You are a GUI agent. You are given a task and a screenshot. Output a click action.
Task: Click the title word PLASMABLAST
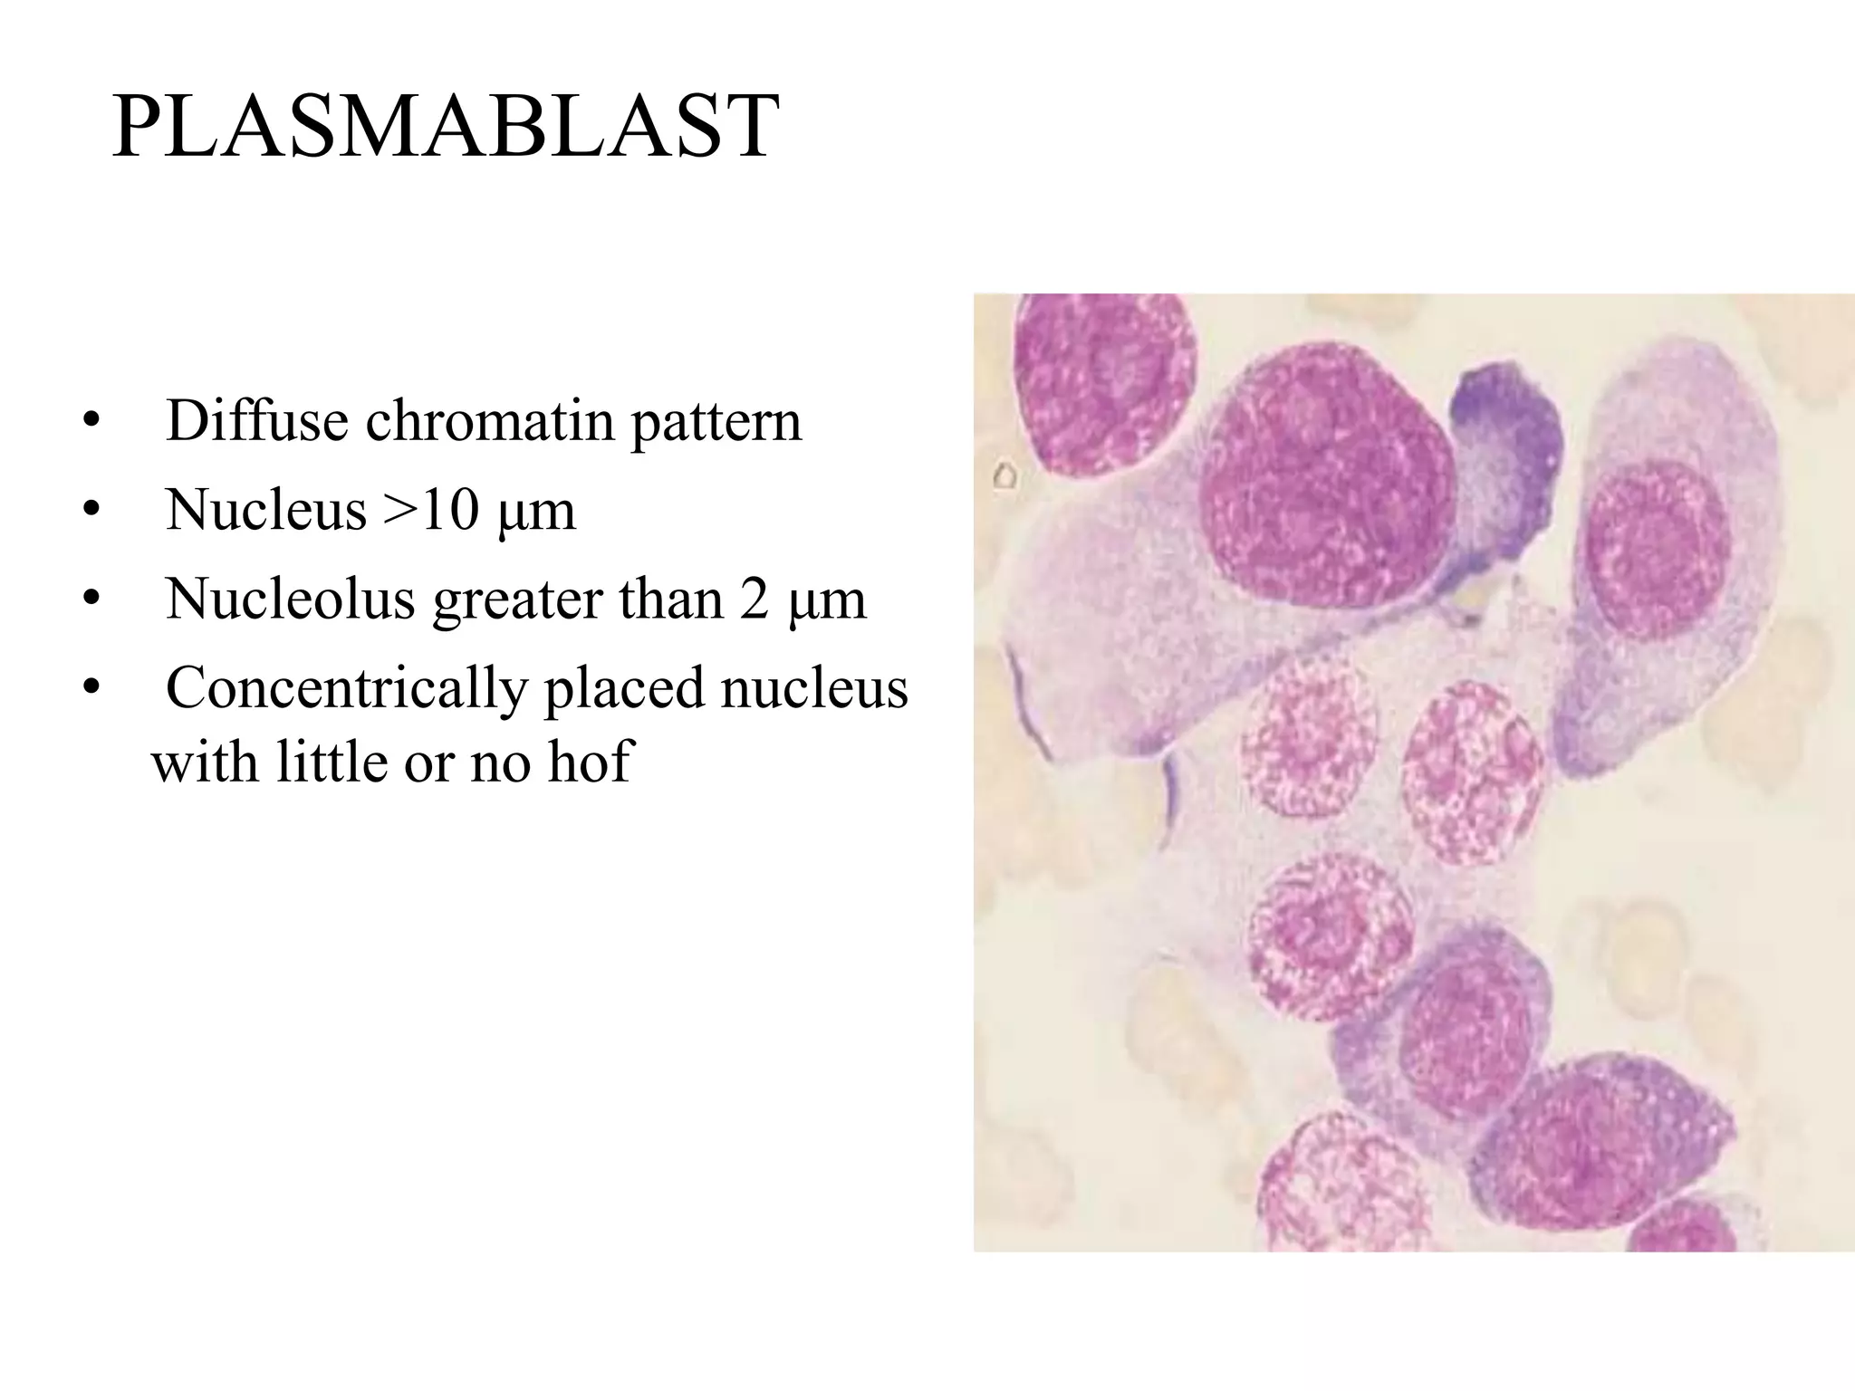click(x=446, y=126)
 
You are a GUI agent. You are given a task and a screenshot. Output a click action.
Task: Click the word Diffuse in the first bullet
click(x=256, y=421)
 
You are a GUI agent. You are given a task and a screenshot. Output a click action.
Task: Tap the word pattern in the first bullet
click(x=716, y=423)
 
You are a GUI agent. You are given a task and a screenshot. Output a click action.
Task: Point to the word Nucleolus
click(x=290, y=600)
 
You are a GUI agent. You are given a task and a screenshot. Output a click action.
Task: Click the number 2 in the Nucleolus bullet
click(x=754, y=600)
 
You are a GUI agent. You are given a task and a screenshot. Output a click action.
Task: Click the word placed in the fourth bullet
click(x=624, y=689)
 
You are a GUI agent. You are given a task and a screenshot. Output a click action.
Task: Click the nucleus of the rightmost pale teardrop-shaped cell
click(x=1657, y=550)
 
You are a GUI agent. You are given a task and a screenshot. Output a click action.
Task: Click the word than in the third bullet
click(x=668, y=600)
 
